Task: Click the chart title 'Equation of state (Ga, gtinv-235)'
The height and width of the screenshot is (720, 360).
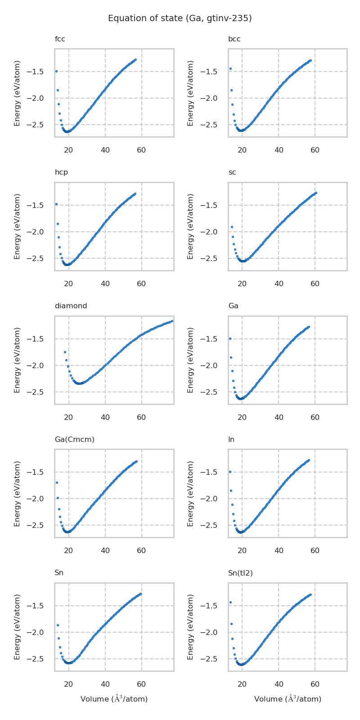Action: click(180, 18)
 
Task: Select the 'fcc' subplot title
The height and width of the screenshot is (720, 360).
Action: click(60, 39)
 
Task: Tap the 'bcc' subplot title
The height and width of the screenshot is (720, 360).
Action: click(234, 39)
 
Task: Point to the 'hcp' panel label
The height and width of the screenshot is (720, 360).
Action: click(61, 172)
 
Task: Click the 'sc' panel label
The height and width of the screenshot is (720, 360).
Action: click(232, 172)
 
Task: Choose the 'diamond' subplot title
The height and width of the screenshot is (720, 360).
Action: click(71, 306)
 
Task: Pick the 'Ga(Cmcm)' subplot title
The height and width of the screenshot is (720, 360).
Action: click(74, 440)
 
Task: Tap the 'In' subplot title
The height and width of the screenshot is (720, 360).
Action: click(231, 440)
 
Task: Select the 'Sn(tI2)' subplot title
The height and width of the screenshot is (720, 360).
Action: click(240, 573)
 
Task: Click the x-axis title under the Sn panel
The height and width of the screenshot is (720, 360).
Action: click(114, 699)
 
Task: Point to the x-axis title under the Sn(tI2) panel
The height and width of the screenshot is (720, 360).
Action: click(288, 699)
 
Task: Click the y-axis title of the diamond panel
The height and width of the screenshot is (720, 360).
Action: click(18, 360)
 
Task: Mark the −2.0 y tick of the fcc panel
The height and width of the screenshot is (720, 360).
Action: click(40, 98)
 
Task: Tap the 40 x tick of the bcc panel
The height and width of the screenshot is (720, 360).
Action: click(279, 150)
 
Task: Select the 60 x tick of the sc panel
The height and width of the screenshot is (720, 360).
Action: click(315, 283)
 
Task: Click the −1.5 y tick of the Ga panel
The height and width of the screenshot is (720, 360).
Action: click(213, 339)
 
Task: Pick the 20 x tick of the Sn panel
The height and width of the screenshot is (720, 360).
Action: click(68, 684)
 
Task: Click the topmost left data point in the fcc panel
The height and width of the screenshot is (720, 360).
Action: click(56, 71)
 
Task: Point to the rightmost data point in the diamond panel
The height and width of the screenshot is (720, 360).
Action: click(172, 321)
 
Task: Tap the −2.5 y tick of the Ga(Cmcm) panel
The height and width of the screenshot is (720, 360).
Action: click(40, 525)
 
